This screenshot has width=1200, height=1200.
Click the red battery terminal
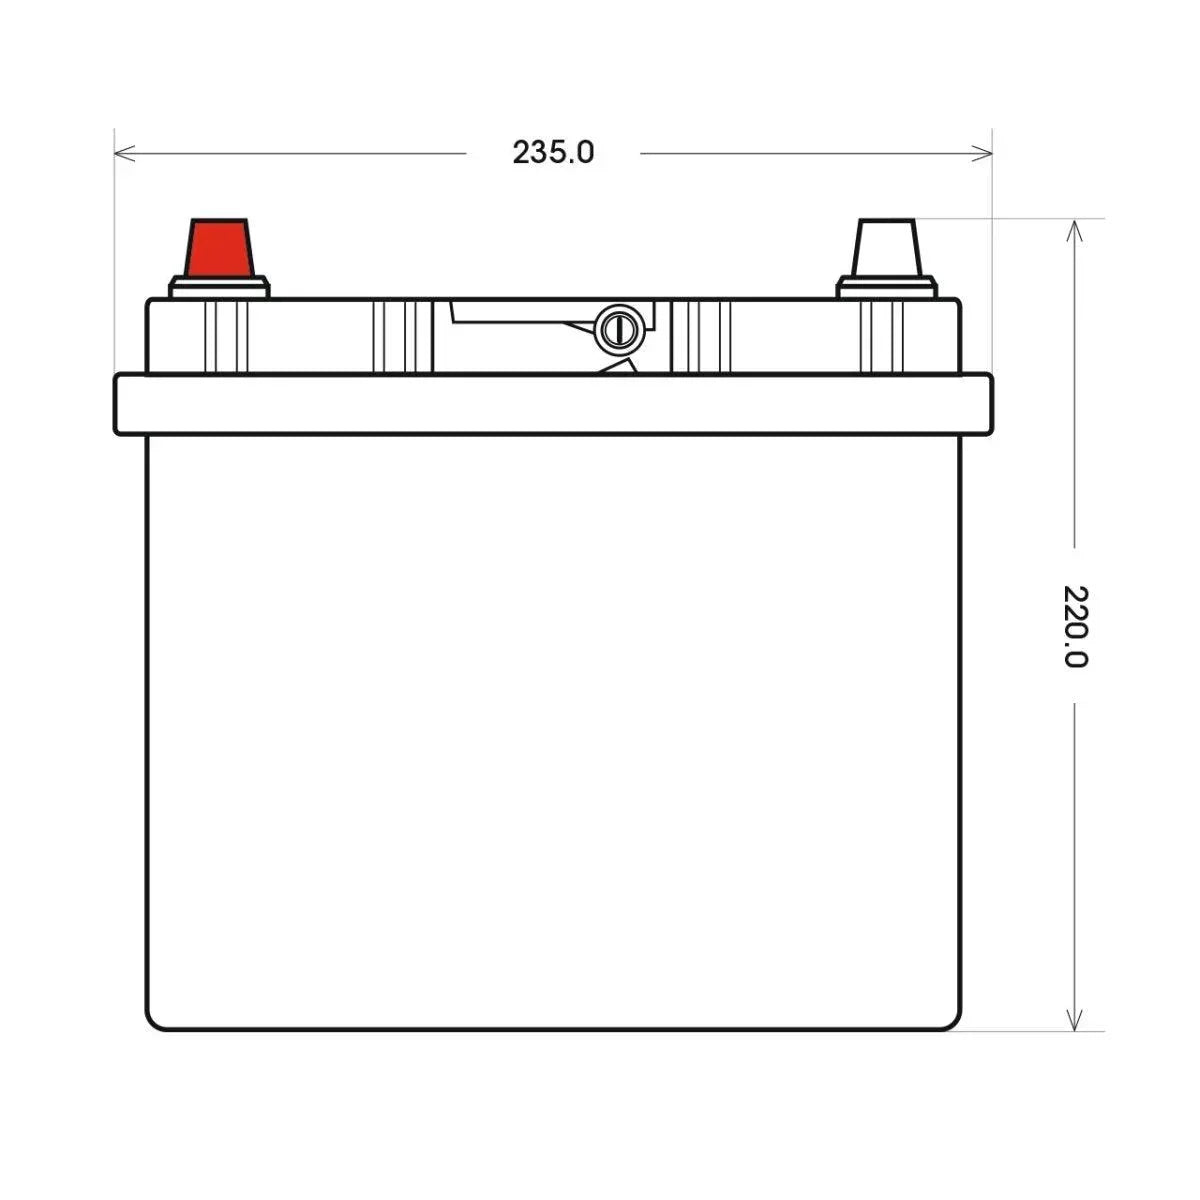219,248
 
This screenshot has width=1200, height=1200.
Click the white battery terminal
886,248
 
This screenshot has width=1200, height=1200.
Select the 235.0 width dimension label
553,153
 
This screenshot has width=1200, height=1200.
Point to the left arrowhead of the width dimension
125,153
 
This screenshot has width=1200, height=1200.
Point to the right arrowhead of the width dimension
981,153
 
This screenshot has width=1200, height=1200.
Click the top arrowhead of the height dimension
1074,230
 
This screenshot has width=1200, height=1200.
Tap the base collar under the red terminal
219,287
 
